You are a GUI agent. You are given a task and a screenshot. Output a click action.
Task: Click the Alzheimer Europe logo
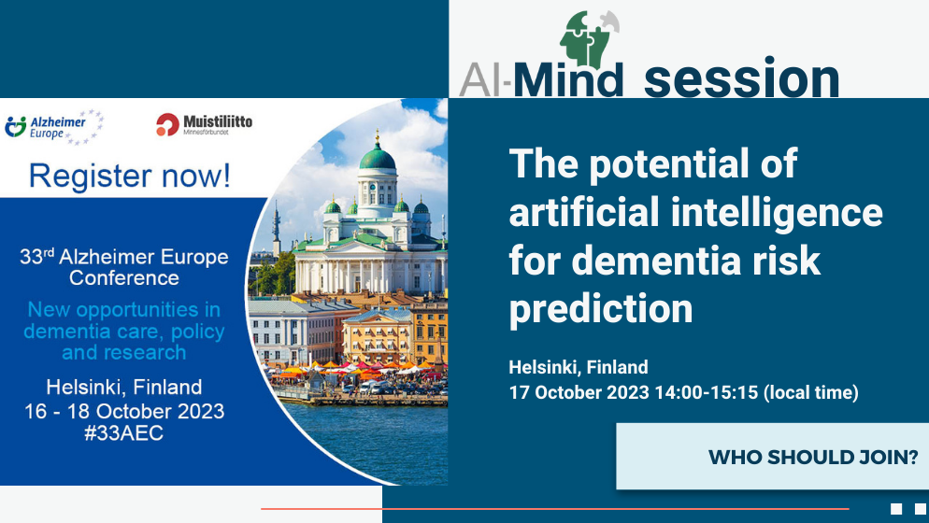pos(54,127)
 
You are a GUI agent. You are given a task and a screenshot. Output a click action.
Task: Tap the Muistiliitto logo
pos(205,124)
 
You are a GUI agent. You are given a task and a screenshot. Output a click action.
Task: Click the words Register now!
pos(130,176)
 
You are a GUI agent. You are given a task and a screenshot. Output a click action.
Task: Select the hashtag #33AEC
pos(123,433)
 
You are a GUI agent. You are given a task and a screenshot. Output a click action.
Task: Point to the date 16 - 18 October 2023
pos(124,411)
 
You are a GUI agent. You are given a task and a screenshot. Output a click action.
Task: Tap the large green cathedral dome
pos(378,157)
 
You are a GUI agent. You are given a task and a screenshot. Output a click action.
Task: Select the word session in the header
pos(742,78)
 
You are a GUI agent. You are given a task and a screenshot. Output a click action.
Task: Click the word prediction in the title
pos(601,308)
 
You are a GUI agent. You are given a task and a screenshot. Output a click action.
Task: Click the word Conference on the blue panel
pos(124,277)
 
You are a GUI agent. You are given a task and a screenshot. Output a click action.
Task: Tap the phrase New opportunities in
pos(123,309)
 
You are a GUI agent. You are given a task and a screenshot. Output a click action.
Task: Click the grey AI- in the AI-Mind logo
pos(485,80)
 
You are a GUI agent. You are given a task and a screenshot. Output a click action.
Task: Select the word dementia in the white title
pos(657,261)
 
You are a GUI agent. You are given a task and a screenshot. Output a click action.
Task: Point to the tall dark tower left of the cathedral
pos(276,229)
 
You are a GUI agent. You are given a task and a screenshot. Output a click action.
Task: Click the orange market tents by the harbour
pos(355,370)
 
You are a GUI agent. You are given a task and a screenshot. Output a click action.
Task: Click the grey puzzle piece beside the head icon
pos(610,21)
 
